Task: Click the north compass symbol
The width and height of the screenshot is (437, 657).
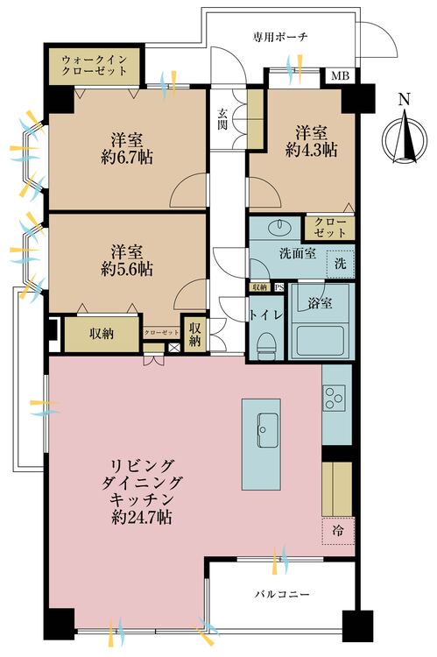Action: [x=403, y=140]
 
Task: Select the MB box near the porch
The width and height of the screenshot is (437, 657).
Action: [x=339, y=76]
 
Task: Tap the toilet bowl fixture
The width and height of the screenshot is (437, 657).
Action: [x=266, y=343]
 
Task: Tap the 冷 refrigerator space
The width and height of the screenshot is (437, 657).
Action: [x=337, y=530]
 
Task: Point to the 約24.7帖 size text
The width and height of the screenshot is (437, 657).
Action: [x=142, y=517]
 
